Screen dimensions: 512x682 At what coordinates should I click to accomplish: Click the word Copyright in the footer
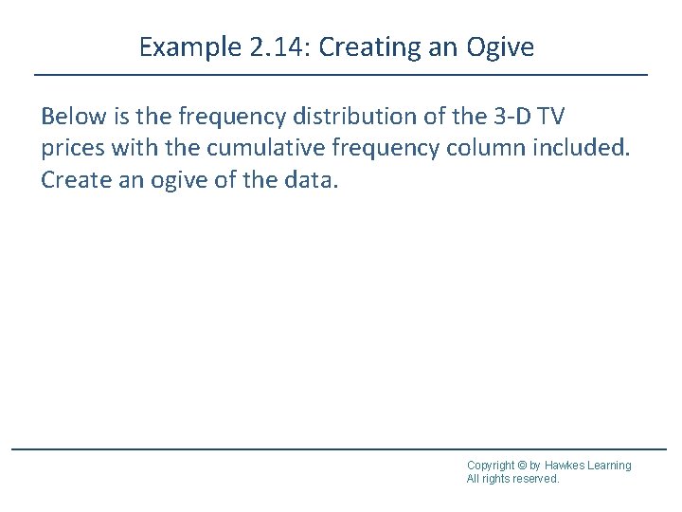click(491, 466)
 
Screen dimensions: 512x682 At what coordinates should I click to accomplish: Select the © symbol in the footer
click(522, 466)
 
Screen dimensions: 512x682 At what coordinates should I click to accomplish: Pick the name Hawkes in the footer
click(566, 466)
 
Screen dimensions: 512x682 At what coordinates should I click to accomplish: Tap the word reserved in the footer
click(535, 479)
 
